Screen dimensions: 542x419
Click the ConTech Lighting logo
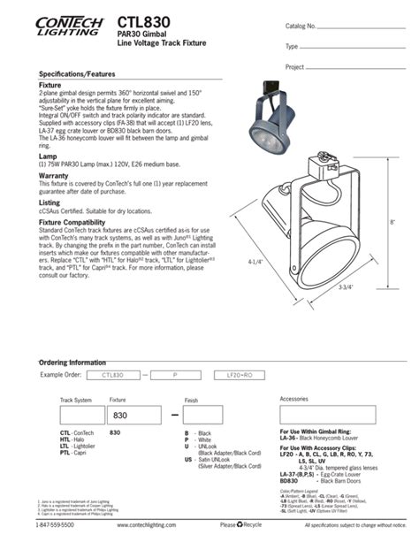(66, 25)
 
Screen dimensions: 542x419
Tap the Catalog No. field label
(301, 26)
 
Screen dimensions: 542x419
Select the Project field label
(295, 67)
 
